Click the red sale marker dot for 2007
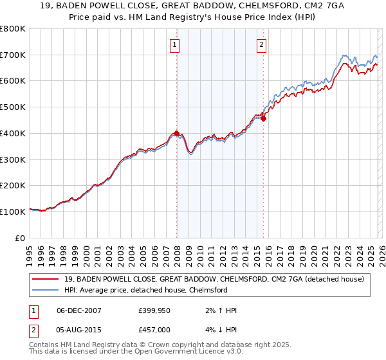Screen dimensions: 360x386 (176, 133)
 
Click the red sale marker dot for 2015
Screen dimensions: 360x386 (263, 118)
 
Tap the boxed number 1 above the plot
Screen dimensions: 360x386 (175, 44)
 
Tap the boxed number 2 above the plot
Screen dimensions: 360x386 (262, 44)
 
